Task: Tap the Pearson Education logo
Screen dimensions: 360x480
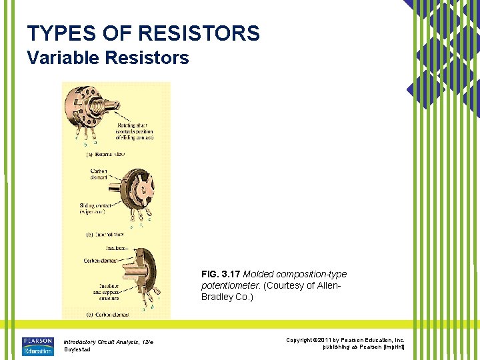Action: pos(37,345)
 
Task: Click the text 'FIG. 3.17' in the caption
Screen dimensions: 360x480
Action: pos(221,274)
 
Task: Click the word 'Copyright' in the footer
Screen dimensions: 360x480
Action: pos(299,340)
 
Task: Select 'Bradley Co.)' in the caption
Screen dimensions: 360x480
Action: pos(227,297)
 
